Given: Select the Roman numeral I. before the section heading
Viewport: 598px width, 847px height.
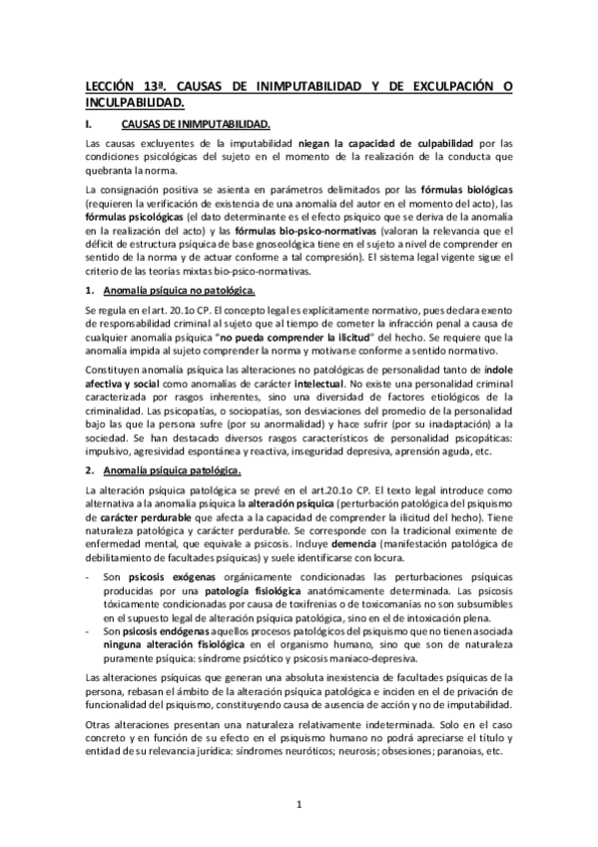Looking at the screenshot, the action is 91,125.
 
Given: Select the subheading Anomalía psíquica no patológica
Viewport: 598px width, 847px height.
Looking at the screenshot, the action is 176,290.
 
